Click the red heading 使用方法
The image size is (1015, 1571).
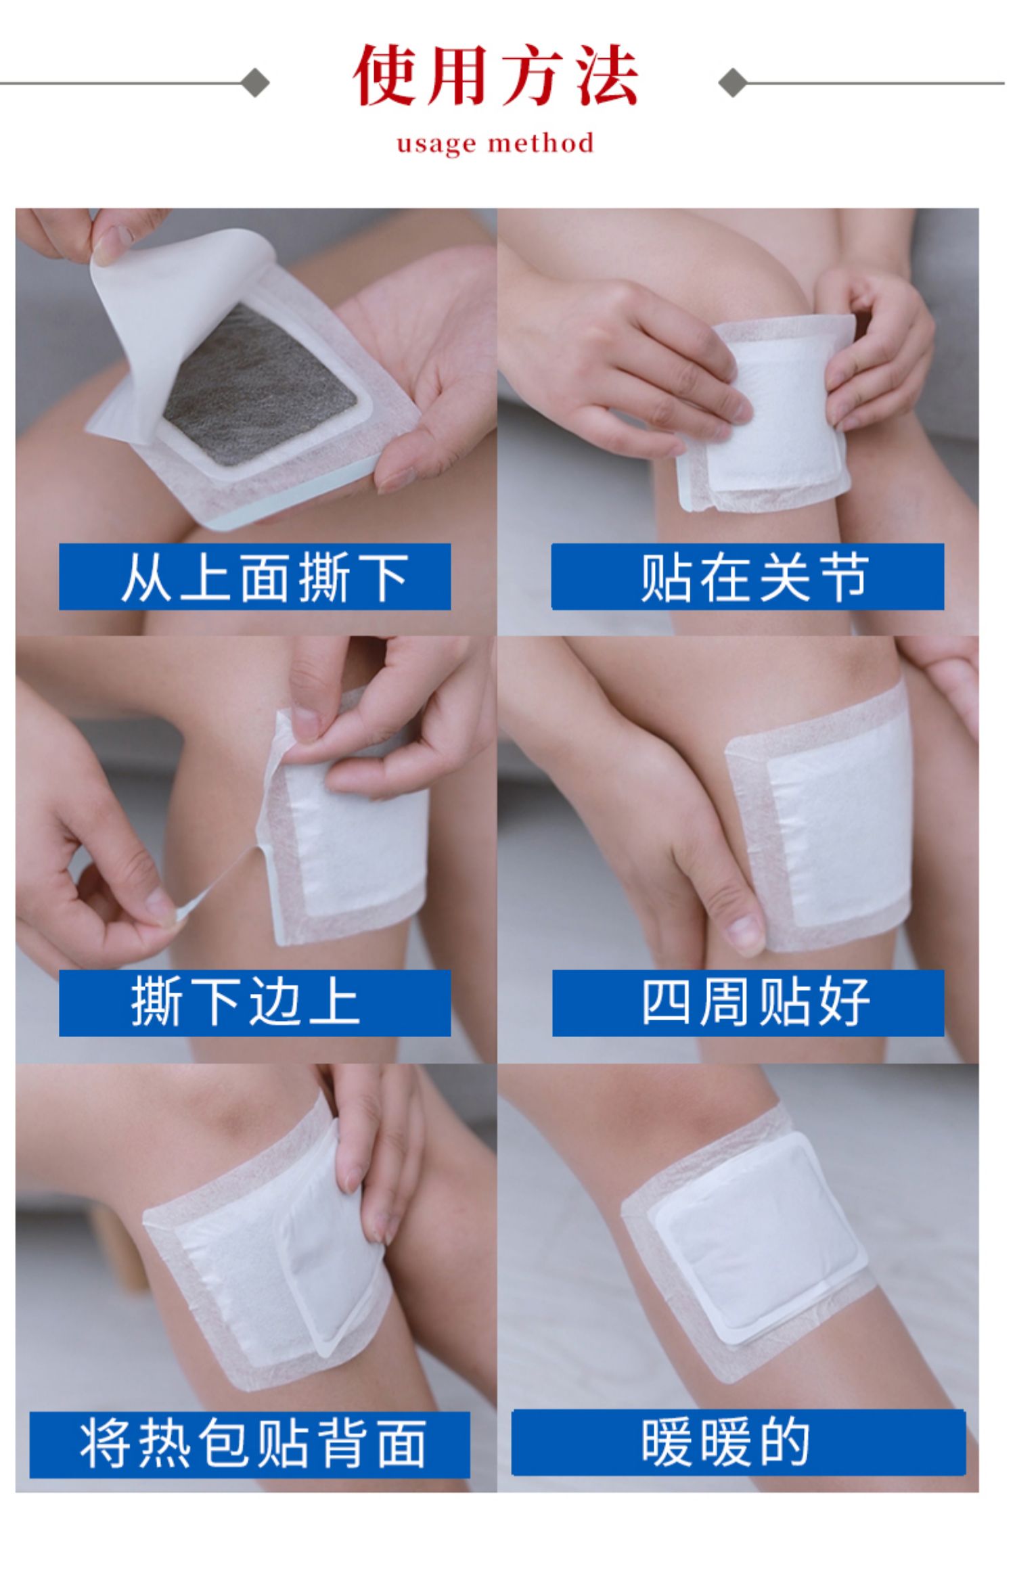(495, 76)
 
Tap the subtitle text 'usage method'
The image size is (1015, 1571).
(495, 143)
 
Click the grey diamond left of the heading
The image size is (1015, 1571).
(256, 83)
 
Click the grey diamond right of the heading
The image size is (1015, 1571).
(732, 83)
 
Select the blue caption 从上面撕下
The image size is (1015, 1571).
(254, 576)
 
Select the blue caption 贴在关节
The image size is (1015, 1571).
(747, 576)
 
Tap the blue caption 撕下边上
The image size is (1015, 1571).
(254, 1003)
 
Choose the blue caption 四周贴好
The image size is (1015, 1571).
(748, 1003)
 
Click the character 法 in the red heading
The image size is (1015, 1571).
(607, 76)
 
